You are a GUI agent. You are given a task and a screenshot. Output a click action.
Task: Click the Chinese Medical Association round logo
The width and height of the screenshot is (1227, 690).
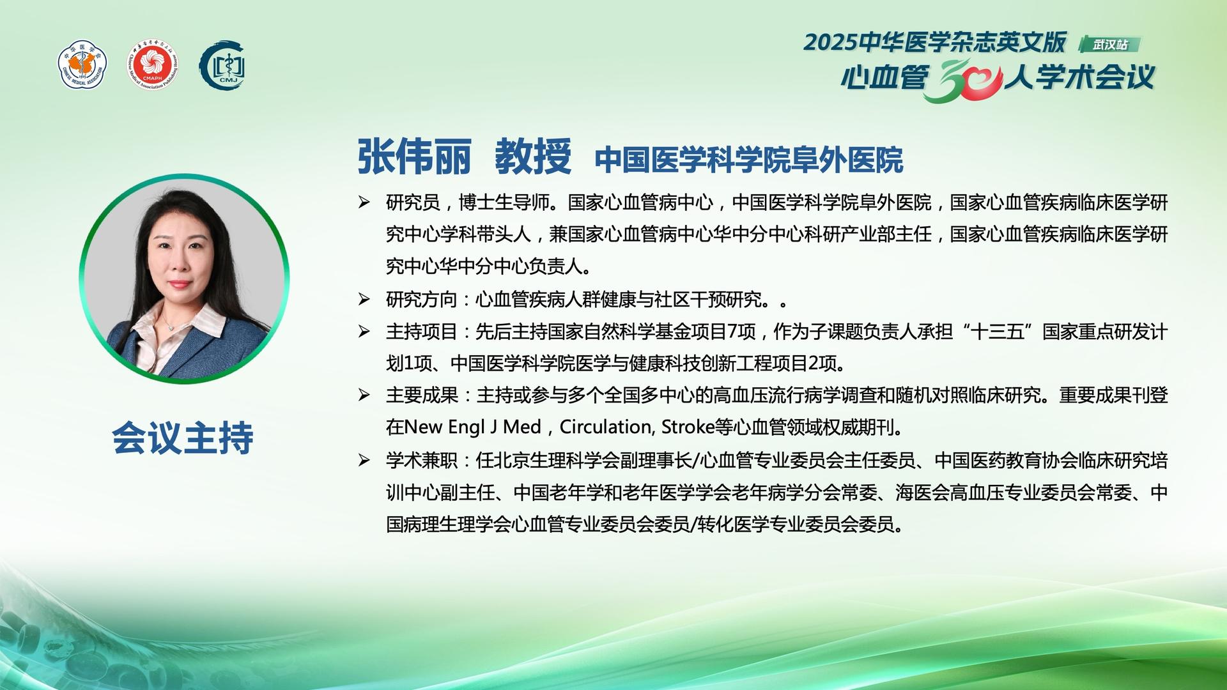coord(82,65)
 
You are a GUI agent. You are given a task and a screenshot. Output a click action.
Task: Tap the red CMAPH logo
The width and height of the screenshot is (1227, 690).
coord(152,65)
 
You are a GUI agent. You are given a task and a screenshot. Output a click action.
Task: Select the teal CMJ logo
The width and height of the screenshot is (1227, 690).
coord(223,65)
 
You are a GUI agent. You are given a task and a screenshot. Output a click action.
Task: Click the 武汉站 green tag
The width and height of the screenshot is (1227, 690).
coord(1109,44)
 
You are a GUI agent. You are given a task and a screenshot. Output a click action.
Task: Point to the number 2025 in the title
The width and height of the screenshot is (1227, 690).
coord(830,42)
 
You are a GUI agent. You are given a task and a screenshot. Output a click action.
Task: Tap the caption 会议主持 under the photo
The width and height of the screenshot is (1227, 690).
coord(183,438)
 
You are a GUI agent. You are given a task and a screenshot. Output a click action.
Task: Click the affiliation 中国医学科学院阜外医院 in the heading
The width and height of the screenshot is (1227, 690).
coord(749,160)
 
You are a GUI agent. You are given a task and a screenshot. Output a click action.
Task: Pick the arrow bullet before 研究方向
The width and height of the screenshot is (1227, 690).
coord(364,299)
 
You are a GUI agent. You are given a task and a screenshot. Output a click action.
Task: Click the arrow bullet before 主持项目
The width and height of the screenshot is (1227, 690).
coord(364,331)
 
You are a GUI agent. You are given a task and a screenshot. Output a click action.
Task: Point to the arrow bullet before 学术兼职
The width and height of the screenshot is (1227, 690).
coord(364,460)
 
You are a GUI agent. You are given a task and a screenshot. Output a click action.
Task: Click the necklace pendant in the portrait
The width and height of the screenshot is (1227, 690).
coord(171,326)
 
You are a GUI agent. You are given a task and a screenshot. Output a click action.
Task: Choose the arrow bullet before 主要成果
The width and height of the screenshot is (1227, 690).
coord(364,395)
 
